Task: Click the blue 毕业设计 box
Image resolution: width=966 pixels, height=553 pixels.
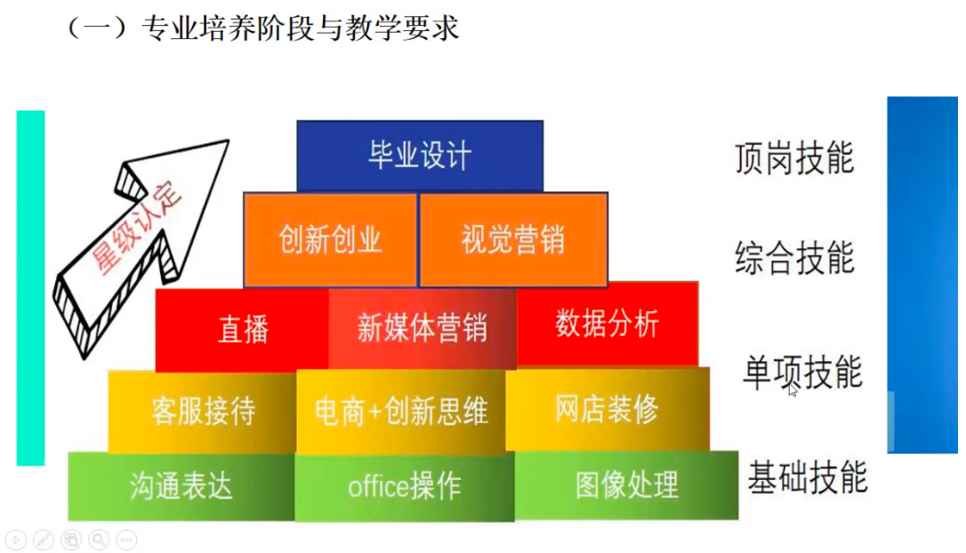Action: [x=419, y=156]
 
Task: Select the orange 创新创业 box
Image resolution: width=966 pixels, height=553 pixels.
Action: [x=330, y=240]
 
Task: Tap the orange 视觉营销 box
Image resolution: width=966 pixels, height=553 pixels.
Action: [x=513, y=240]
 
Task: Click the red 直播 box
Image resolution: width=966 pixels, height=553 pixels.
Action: [x=243, y=330]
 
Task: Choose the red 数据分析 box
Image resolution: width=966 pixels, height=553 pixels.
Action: [x=607, y=325]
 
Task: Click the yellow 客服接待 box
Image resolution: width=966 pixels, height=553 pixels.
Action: [x=203, y=412]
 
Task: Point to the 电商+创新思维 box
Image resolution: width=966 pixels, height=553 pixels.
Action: [x=401, y=412]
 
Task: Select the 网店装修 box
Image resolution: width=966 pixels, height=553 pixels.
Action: [x=607, y=410]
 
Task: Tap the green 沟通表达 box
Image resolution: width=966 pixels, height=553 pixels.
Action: [x=181, y=486]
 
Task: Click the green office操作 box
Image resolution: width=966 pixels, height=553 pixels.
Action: [x=404, y=486]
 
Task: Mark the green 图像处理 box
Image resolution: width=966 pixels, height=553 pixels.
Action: [x=626, y=485]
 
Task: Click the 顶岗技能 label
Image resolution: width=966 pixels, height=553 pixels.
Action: [x=794, y=158]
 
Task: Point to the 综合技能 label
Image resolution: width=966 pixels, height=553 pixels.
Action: [x=794, y=259]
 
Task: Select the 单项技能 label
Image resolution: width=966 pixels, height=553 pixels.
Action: [x=801, y=371]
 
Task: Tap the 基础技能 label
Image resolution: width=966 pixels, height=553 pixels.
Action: [x=807, y=477]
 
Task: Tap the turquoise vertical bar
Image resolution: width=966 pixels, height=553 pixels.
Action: [x=30, y=287]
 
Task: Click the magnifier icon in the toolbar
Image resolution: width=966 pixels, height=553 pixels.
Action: [x=98, y=539]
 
